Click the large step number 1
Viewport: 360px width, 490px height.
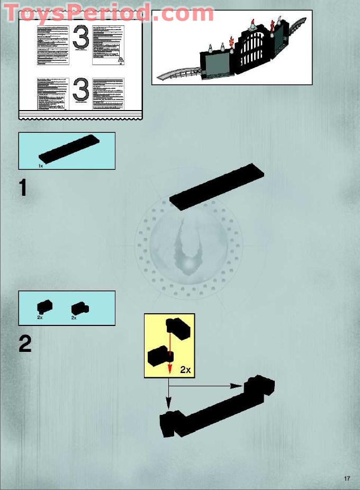[23, 188]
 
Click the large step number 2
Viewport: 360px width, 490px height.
[25, 344]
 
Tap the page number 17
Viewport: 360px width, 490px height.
[347, 479]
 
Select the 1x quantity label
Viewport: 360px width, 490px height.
[41, 166]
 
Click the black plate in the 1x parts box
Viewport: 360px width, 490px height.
[69, 148]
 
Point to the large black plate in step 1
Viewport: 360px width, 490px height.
[217, 187]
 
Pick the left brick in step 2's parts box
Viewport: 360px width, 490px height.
[44, 306]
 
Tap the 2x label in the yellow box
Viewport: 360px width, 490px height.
[184, 370]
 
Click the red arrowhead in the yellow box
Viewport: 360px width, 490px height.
[169, 369]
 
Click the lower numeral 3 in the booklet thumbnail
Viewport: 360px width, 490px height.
[80, 90]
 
